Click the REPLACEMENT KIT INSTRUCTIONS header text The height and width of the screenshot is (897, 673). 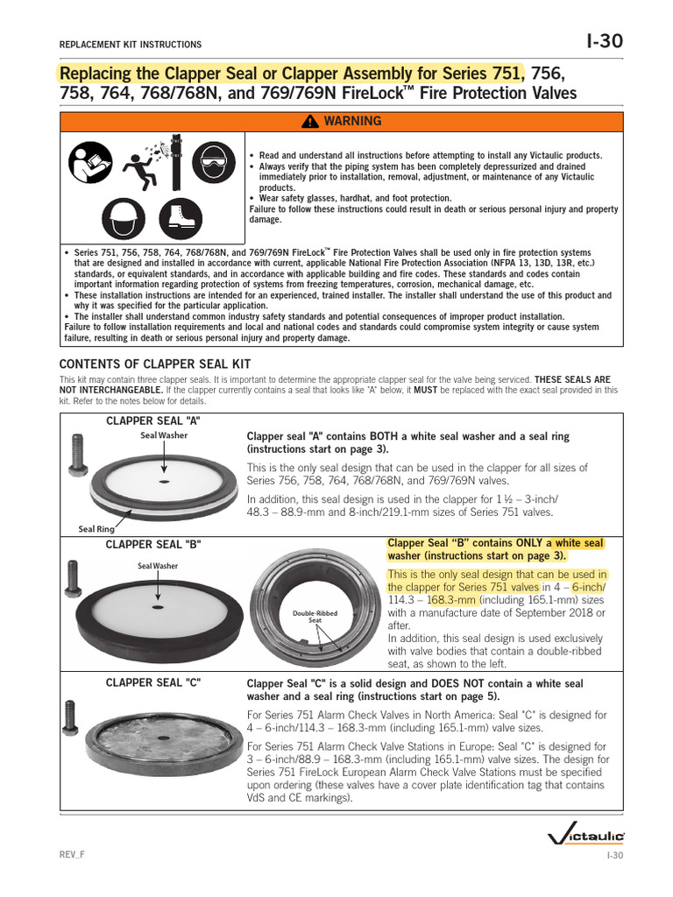[x=130, y=45]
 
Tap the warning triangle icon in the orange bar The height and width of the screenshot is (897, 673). [x=310, y=122]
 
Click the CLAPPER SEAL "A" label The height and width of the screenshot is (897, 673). [x=152, y=420]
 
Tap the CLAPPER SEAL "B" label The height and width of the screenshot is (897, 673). [x=152, y=544]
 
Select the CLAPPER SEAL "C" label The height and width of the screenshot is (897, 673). [x=152, y=682]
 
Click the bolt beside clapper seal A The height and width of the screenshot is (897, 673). [x=73, y=458]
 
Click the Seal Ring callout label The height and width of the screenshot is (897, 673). [x=97, y=528]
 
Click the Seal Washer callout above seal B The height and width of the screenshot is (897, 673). [x=157, y=566]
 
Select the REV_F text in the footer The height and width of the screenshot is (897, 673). [x=72, y=855]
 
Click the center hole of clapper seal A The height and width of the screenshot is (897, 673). [x=164, y=481]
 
